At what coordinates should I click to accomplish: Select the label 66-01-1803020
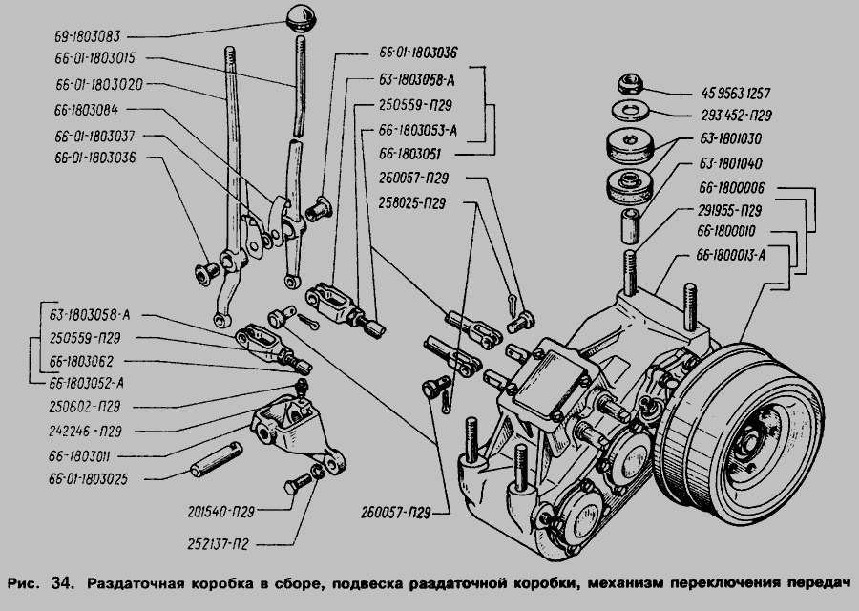(x=99, y=84)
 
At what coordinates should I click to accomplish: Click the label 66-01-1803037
(x=99, y=134)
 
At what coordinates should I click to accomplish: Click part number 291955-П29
(x=728, y=210)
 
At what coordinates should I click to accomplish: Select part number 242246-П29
(x=87, y=431)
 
